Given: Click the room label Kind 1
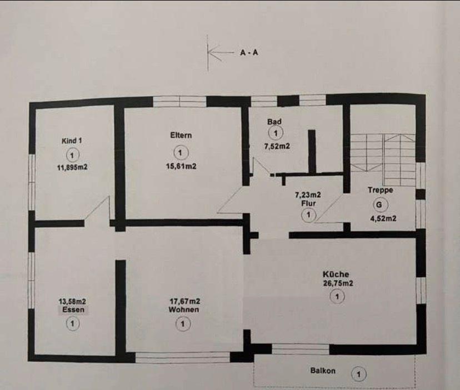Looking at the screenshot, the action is point(72,142).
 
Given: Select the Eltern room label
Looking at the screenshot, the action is point(181,135).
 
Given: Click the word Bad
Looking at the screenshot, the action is point(274,121).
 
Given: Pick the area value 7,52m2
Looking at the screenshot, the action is point(278,146).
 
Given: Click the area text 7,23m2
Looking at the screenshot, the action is point(308,194).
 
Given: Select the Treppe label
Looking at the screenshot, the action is point(381,190).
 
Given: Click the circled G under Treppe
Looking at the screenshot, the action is point(379,204).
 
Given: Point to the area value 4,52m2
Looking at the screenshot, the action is point(383,218).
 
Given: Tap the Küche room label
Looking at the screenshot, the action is point(336,274).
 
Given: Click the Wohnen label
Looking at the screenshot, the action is point(184,310).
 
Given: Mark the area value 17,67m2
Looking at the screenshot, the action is point(184,302).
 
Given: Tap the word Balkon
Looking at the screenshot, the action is point(323,371).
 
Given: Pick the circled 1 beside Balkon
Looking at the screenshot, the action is point(359,374).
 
